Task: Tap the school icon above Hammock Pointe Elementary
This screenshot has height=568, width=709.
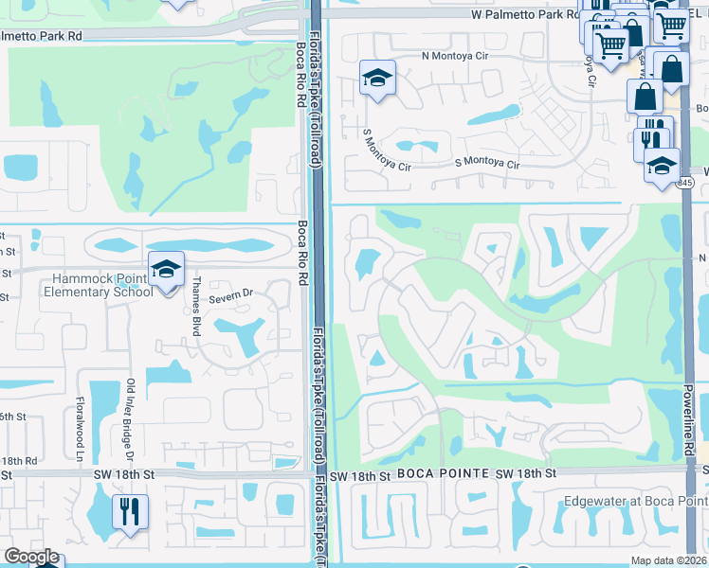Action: [x=166, y=271]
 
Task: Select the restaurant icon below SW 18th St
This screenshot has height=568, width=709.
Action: [x=128, y=512]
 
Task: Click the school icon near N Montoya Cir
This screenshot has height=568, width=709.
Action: [x=376, y=80]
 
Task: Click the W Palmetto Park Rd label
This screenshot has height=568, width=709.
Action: [x=525, y=15]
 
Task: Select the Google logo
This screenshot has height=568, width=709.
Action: [x=31, y=557]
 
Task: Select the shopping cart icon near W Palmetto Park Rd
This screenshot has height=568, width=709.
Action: [x=609, y=43]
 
